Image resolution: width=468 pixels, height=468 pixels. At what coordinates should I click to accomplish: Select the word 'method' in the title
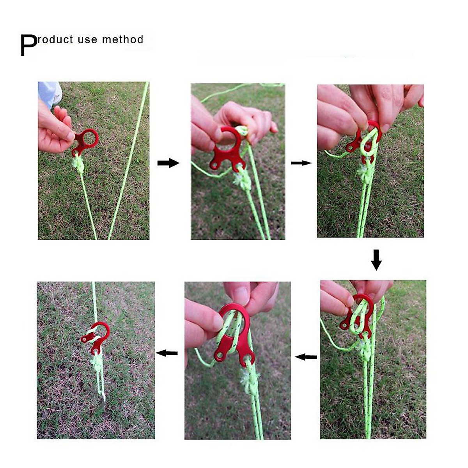coord(122,40)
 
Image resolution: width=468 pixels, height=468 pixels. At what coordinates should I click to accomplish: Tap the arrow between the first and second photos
coord(168,163)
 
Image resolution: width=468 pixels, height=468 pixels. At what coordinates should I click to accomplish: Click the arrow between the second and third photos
coord(301,163)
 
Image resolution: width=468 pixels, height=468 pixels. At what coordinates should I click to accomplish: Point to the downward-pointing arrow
coord(376,260)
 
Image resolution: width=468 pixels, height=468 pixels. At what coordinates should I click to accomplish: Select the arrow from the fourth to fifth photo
coord(306,356)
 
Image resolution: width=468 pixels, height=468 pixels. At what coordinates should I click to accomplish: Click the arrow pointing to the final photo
coord(167,353)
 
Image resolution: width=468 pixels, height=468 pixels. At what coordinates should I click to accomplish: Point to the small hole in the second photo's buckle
coord(215,166)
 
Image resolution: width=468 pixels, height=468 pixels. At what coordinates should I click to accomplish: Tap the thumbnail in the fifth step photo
coord(238,296)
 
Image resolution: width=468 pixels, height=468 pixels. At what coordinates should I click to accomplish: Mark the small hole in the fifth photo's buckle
coord(220,356)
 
